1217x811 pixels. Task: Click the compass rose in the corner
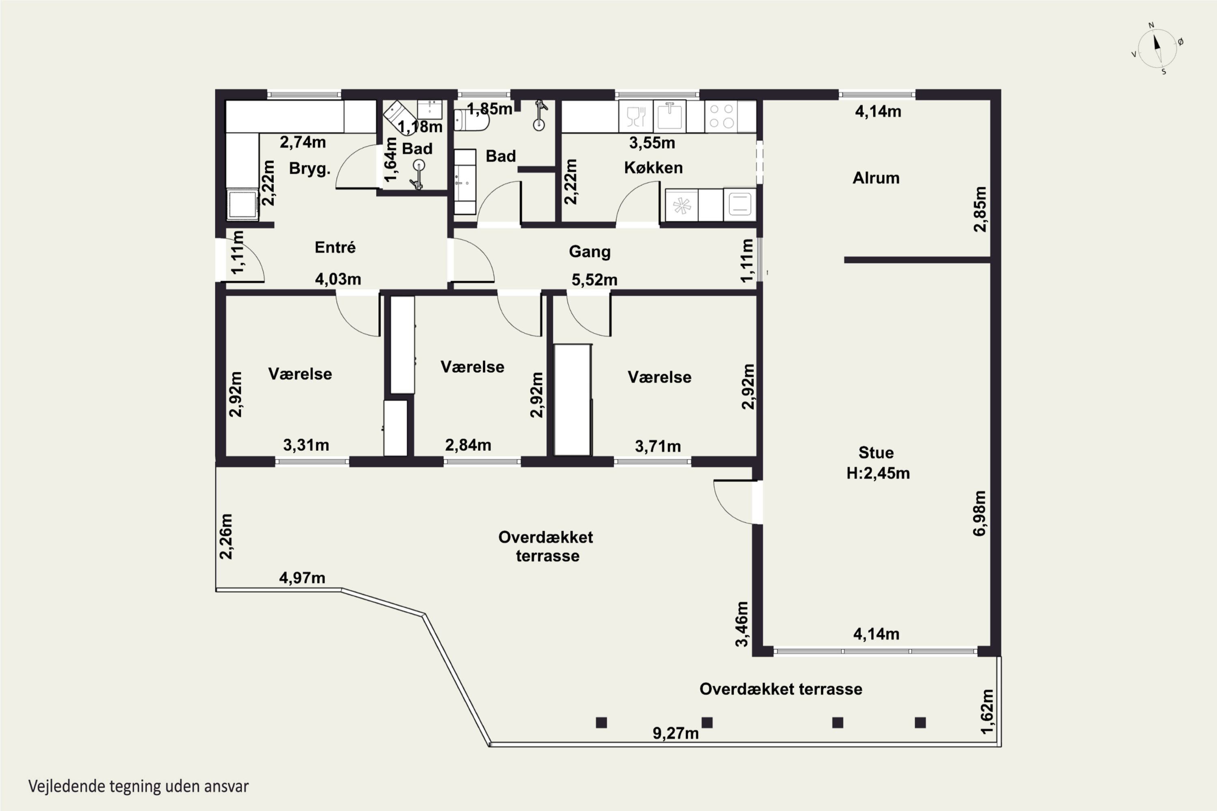1157,49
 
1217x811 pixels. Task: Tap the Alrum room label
876,178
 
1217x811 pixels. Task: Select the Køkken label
653,167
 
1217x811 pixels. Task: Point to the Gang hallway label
589,252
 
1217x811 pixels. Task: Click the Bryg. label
310,169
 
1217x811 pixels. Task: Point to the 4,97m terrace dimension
302,578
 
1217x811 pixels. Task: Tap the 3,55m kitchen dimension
652,143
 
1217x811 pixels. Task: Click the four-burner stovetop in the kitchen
722,116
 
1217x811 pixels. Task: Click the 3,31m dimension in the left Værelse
306,445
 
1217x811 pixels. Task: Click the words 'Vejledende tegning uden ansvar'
138,787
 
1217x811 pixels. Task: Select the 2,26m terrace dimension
226,536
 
